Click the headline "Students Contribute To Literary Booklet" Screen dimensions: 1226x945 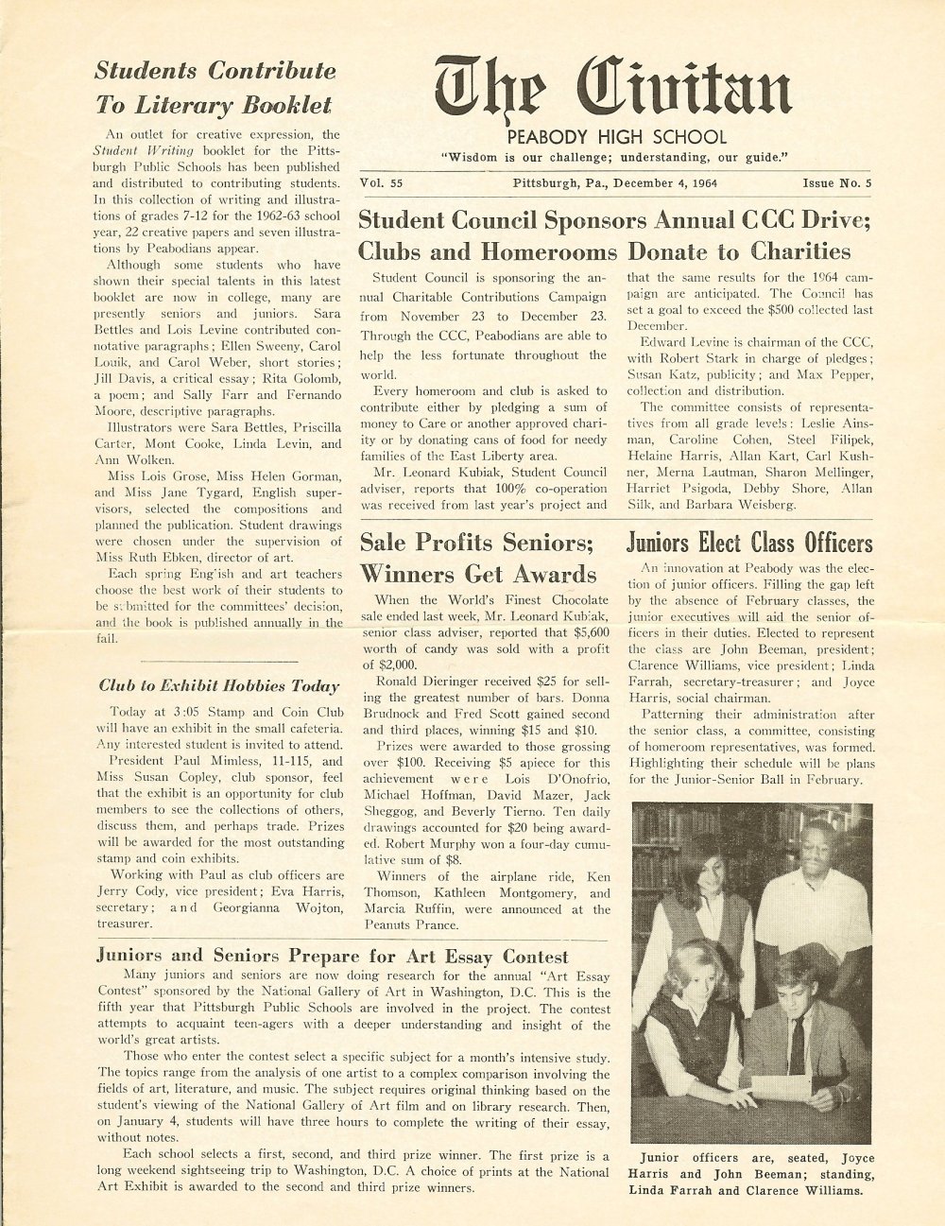tap(215, 87)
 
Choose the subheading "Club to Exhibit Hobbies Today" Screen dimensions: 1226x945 tap(218, 686)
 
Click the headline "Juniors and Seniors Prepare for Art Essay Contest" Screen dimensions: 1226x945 tap(333, 956)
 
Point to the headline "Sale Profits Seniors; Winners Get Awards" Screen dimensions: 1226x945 tap(478, 559)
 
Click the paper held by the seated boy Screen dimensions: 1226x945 tap(780, 1088)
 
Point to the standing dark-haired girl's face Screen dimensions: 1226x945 tap(702, 871)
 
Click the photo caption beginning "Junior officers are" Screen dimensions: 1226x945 tap(751, 1173)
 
